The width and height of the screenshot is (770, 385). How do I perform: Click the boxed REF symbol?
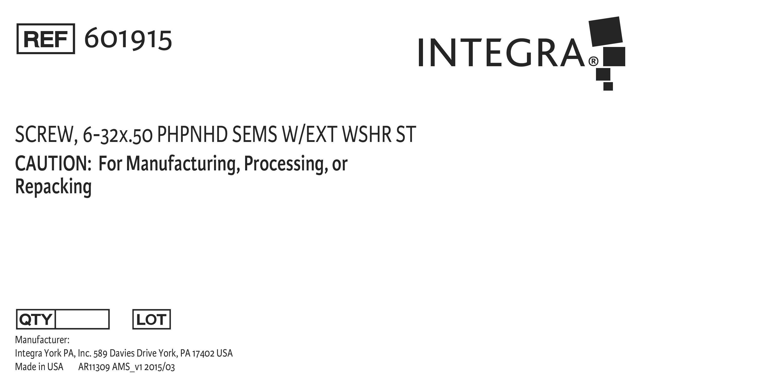pos(46,39)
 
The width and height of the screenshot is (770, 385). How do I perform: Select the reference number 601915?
pos(128,39)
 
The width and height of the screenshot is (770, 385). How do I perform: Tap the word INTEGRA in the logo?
pos(501,52)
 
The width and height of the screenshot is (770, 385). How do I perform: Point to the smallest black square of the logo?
pos(608,86)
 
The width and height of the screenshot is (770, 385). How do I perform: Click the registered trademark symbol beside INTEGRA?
pos(593,61)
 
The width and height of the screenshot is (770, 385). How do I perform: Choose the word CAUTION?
pos(53,163)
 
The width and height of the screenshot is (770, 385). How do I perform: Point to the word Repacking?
pos(53,187)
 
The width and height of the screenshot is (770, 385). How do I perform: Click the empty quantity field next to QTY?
pos(82,319)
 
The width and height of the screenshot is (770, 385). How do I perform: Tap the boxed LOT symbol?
pos(151,319)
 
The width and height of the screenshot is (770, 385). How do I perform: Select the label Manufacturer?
pos(42,340)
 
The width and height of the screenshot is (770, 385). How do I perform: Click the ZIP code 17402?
pos(203,353)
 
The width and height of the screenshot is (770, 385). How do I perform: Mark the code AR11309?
pos(94,367)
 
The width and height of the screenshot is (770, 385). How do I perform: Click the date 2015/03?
pos(160,367)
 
